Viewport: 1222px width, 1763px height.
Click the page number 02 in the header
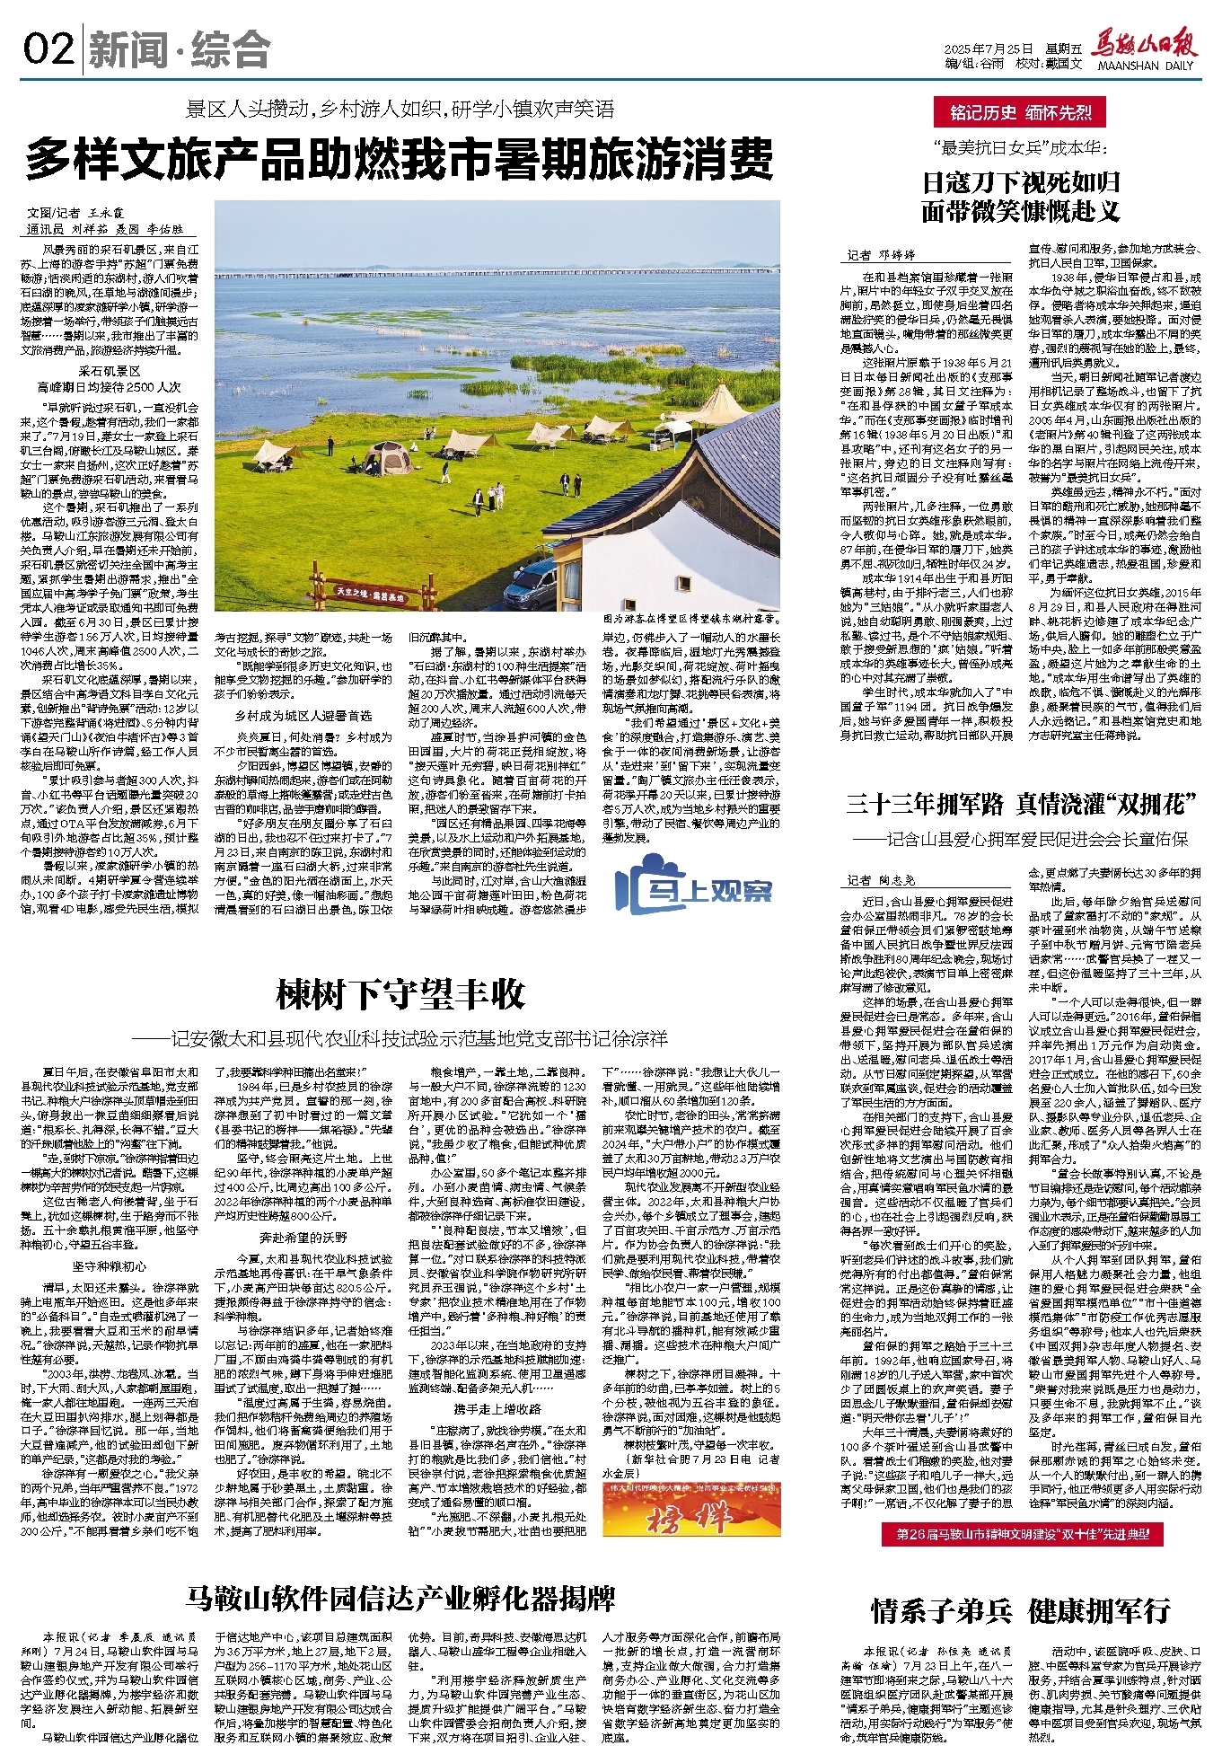tap(48, 48)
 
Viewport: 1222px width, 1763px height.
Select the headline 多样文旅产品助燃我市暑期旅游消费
tap(399, 161)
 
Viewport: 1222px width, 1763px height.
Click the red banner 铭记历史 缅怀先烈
tap(1021, 112)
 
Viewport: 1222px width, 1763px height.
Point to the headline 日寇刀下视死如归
tap(1021, 183)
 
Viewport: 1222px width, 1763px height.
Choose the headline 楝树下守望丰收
tap(400, 995)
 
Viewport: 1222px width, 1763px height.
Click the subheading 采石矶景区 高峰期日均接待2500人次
tap(109, 379)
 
